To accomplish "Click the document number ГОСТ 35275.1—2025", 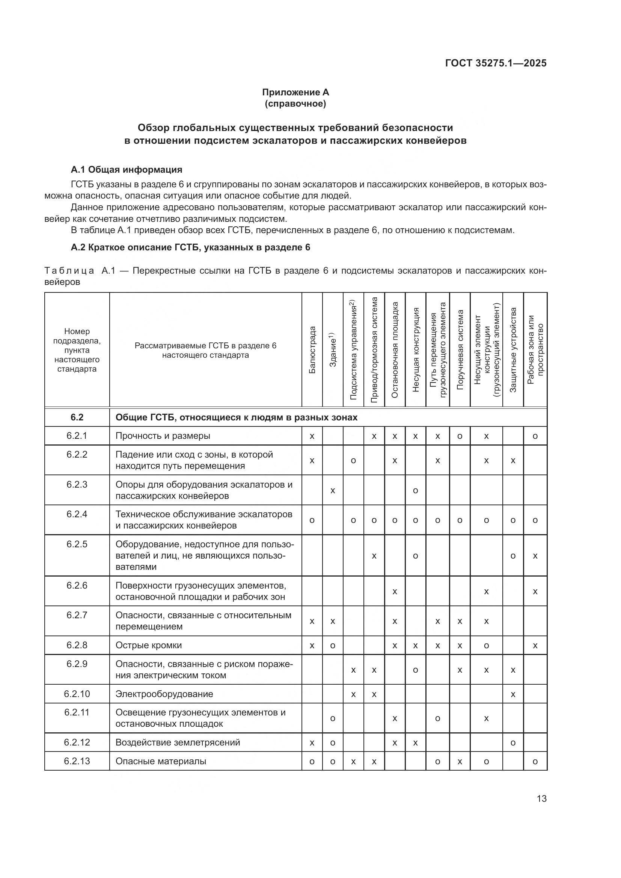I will click(x=496, y=63).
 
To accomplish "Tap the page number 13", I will click(x=541, y=798).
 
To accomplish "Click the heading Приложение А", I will click(x=295, y=92).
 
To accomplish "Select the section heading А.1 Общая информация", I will click(x=127, y=169).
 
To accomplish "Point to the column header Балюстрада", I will click(x=312, y=349).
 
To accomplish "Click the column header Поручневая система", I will click(x=460, y=349).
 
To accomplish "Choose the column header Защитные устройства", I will click(x=513, y=349).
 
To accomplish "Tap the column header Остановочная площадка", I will click(x=395, y=349).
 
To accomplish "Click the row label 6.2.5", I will click(x=77, y=544).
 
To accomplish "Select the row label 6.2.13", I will click(x=77, y=761).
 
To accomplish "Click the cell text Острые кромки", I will click(x=149, y=645).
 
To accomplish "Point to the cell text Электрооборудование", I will click(x=164, y=694).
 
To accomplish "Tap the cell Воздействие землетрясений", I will click(x=178, y=742).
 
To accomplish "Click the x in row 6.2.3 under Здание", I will click(x=333, y=490).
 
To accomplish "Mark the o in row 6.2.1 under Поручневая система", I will click(x=460, y=436).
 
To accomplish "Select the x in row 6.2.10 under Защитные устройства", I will click(x=513, y=694).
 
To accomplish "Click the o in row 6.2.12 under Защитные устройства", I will click(x=513, y=742).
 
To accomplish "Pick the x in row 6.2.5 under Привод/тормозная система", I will click(x=374, y=556).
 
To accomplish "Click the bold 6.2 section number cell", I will click(x=77, y=417).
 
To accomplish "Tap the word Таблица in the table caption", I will click(x=69, y=271).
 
